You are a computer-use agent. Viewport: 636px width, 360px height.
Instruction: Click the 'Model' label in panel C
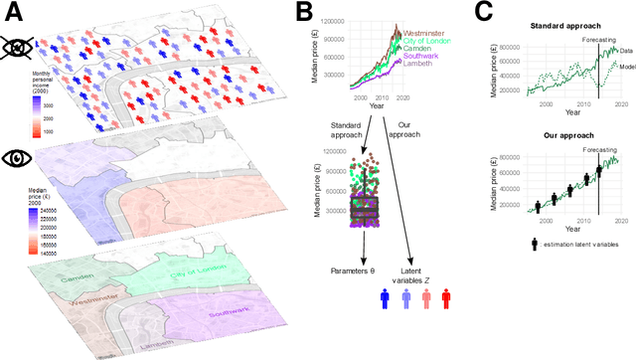pos(625,66)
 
